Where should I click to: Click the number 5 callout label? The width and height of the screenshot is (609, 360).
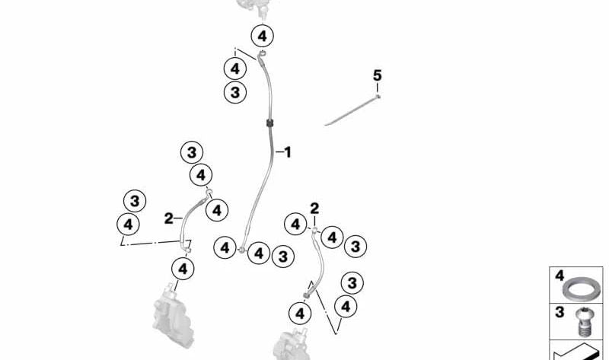point(377,75)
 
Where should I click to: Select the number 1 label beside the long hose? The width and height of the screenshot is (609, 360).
point(287,152)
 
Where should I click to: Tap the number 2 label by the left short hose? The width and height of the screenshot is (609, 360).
point(168,218)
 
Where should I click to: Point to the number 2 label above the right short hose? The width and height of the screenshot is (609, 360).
point(314,208)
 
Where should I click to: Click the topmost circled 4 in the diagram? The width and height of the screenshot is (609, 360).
point(262,36)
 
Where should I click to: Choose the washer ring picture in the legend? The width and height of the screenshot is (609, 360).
point(580,290)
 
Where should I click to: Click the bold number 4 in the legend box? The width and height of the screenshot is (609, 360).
point(559,276)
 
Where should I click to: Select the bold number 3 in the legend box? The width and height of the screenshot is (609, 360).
point(559,313)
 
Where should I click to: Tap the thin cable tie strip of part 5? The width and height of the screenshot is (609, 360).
point(350,110)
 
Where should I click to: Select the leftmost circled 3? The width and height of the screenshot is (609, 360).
point(135,202)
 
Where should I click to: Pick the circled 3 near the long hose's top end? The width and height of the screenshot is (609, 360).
point(235,92)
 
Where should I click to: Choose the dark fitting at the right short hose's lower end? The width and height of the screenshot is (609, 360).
point(310,291)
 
